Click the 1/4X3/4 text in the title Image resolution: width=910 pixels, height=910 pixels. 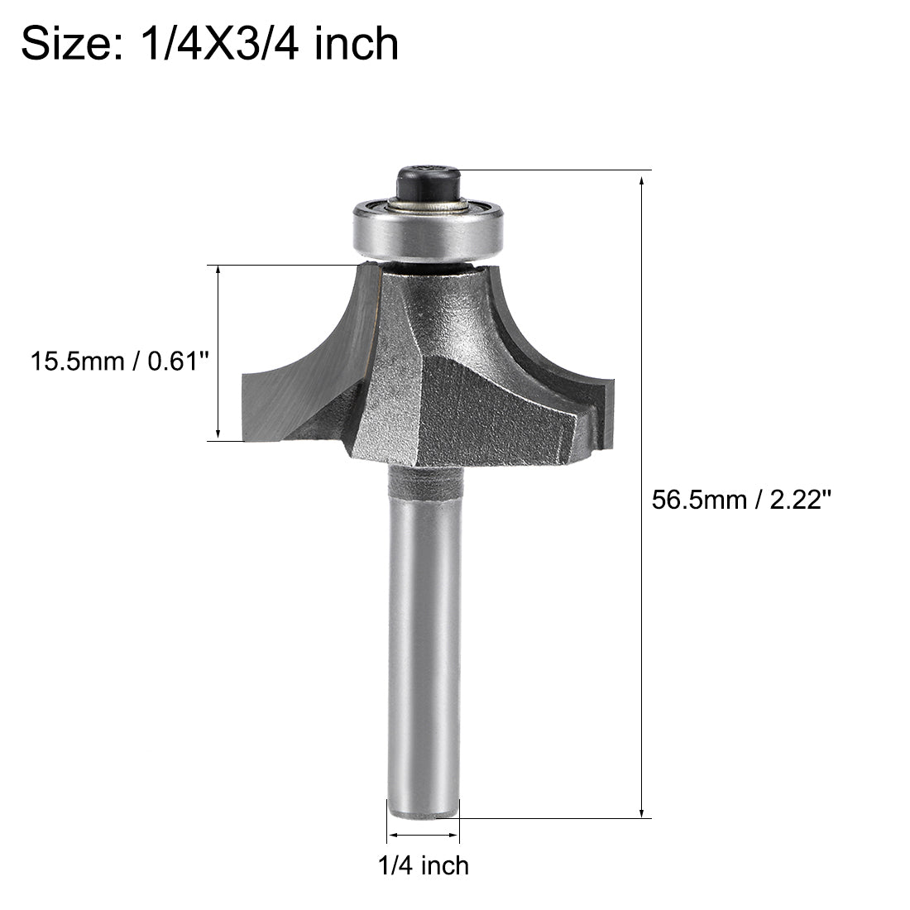215,43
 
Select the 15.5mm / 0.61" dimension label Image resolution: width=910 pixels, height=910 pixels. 117,362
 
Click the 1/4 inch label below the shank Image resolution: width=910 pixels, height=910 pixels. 423,865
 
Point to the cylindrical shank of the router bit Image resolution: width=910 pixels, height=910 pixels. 424,645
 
